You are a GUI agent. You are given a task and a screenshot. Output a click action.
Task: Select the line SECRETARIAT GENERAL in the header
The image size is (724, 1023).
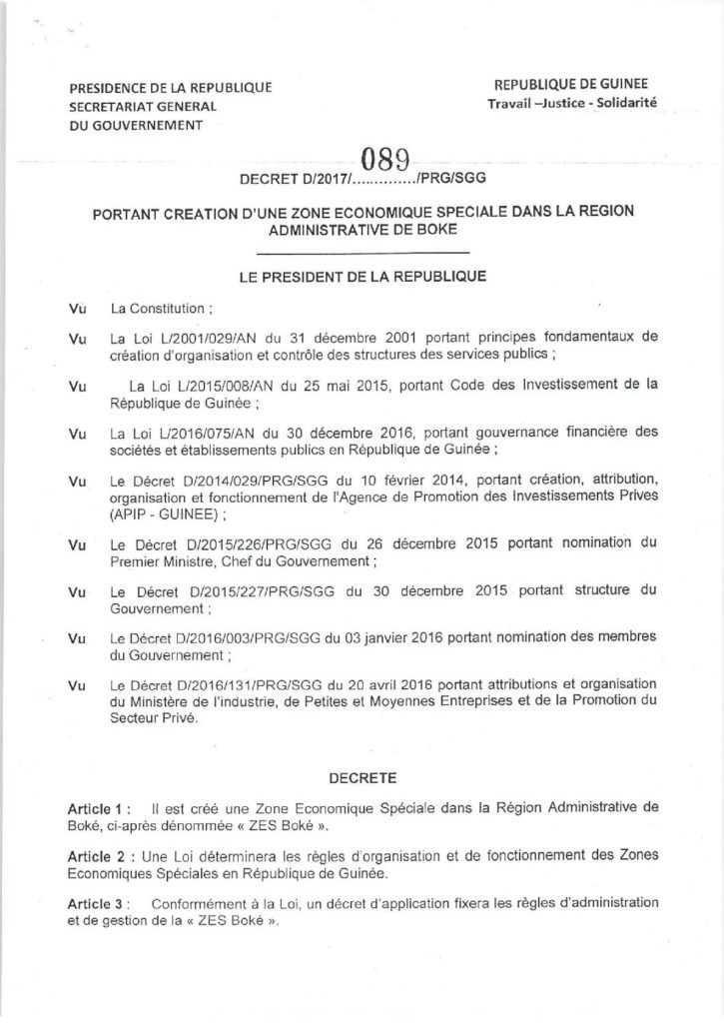(x=142, y=107)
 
